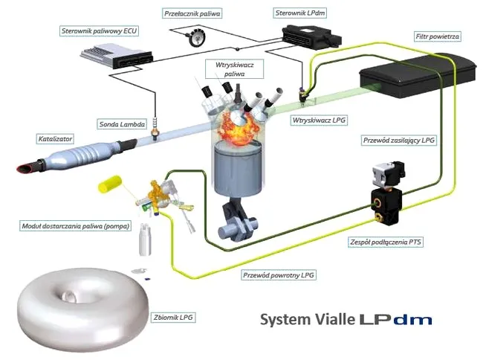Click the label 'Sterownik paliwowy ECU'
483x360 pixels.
pos(100,31)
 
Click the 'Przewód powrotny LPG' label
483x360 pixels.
pos(279,274)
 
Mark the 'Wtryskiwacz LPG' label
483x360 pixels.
pos(320,119)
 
